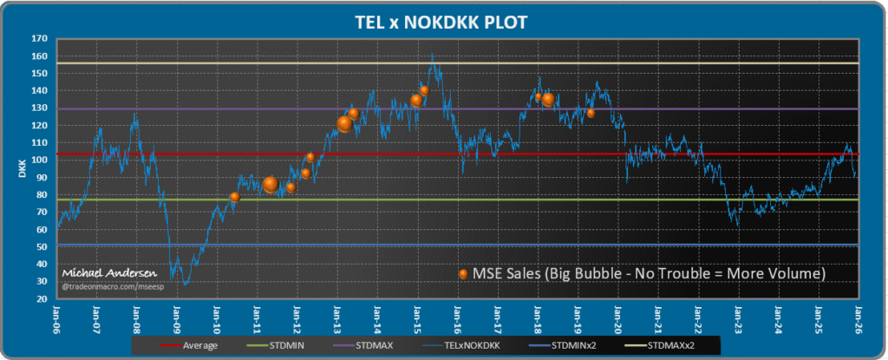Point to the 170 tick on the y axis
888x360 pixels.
pos(40,39)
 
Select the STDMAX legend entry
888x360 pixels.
pos(374,345)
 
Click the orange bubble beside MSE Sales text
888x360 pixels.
pos(463,274)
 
